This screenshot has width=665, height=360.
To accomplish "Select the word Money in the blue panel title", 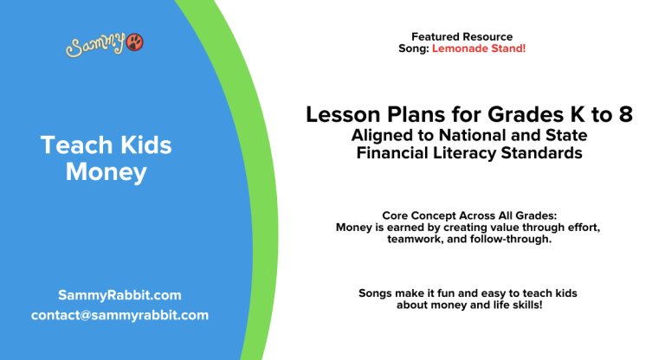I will click(107, 172).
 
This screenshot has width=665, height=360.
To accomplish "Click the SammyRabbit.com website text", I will click(119, 295).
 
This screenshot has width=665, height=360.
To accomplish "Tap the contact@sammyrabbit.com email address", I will click(119, 315).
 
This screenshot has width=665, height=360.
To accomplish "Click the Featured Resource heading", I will click(462, 36).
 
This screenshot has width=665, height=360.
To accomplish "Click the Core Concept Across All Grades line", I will click(468, 215).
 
